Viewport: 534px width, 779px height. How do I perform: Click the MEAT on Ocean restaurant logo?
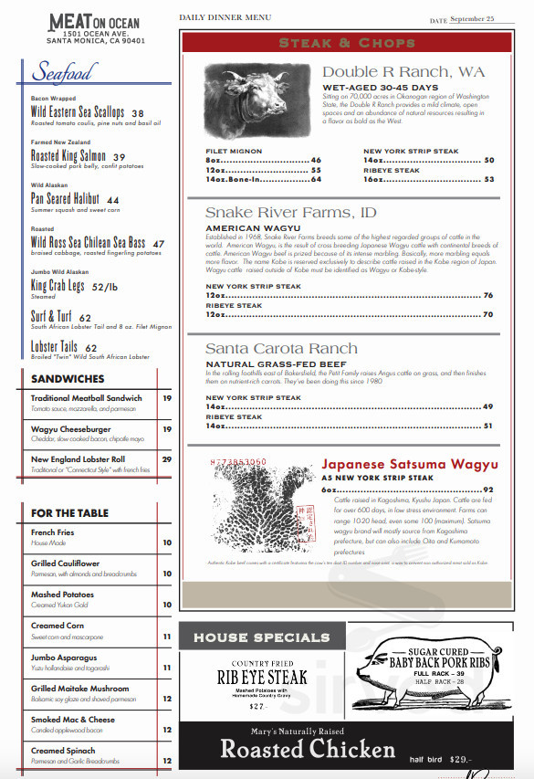point(96,27)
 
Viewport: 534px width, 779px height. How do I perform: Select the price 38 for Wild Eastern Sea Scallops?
point(138,114)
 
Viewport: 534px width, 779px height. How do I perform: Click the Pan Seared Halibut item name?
point(65,199)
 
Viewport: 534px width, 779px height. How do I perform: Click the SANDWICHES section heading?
point(68,378)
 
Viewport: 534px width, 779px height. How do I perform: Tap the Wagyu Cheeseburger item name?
point(71,428)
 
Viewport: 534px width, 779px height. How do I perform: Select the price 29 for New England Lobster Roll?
point(167,459)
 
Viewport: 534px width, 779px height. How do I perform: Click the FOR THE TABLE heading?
point(69,513)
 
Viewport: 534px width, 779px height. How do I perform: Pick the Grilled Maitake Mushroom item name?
point(80,689)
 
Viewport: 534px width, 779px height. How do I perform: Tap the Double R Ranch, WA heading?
point(403,72)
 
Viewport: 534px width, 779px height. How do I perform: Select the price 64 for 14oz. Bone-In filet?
point(316,180)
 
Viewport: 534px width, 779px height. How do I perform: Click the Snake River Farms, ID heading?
point(291,213)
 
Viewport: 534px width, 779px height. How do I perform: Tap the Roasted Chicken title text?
point(308,750)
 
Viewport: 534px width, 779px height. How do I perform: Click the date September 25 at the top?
point(472,18)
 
